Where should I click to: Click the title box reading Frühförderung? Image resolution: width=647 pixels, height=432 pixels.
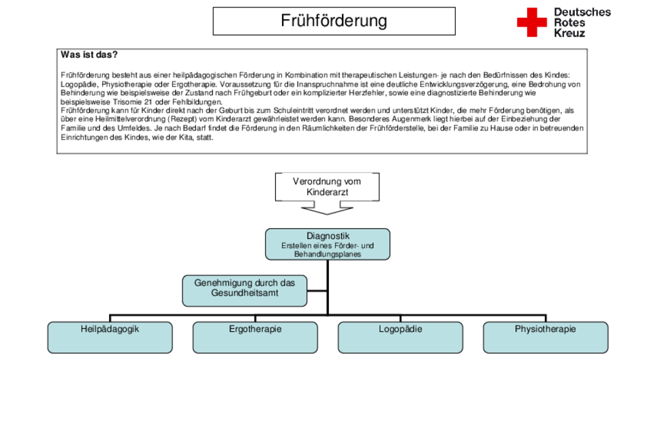click(x=334, y=21)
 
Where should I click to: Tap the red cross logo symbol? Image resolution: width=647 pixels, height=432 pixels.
click(x=531, y=22)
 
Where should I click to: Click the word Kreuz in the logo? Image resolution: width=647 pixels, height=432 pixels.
click(x=569, y=33)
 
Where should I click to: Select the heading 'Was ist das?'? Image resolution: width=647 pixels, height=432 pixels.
click(x=89, y=55)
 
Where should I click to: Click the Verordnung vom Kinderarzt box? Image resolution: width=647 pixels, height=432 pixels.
click(x=327, y=187)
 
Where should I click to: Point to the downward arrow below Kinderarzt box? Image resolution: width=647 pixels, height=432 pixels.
click(x=327, y=208)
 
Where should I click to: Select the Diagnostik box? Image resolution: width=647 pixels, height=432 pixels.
click(x=328, y=244)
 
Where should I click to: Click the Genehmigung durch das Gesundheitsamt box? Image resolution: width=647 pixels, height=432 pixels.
click(x=244, y=291)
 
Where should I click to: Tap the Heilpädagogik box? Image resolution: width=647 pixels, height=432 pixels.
click(x=110, y=337)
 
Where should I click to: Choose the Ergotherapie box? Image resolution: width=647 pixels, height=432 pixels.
click(x=255, y=337)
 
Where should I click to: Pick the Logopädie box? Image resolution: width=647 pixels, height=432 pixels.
click(x=400, y=337)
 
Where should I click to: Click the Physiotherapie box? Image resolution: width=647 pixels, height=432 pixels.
click(x=546, y=337)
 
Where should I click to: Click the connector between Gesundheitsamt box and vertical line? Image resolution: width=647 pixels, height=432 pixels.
click(x=317, y=291)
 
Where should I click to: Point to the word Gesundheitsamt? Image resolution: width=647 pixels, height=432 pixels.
click(x=244, y=293)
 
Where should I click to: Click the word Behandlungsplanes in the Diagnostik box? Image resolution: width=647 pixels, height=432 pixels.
click(x=328, y=254)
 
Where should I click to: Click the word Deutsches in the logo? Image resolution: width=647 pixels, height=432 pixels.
click(x=582, y=12)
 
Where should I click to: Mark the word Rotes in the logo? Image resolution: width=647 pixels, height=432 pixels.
click(x=569, y=22)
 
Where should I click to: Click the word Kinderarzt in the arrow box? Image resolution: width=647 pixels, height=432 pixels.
click(x=327, y=192)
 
